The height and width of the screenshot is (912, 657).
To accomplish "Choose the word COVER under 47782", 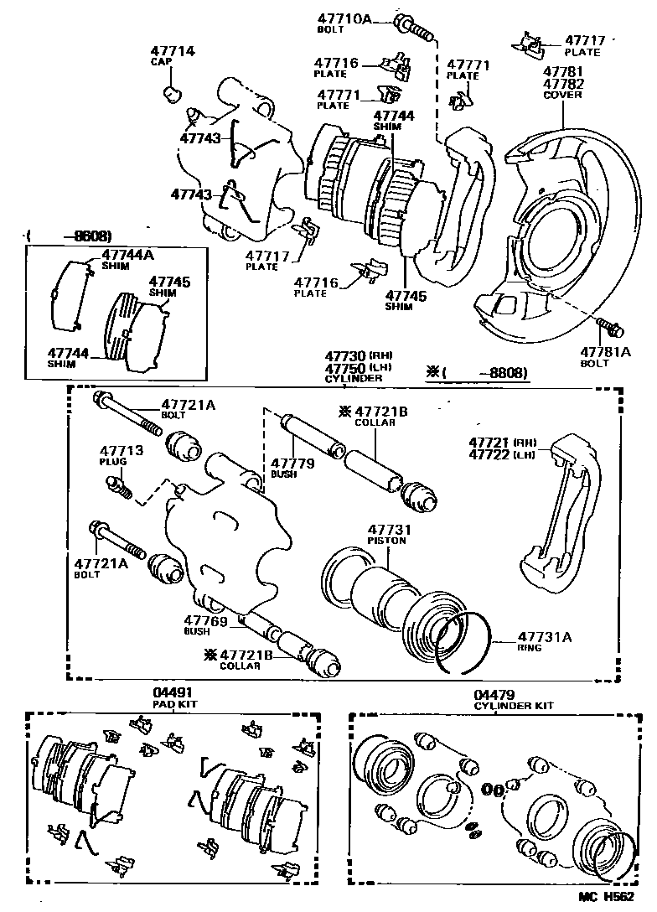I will pyautogui.click(x=562, y=96).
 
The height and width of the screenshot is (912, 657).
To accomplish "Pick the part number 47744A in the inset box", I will pyautogui.click(x=128, y=253).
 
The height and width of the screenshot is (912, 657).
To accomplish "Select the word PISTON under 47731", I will pyautogui.click(x=385, y=541).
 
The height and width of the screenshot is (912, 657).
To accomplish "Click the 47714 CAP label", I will pyautogui.click(x=173, y=55).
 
